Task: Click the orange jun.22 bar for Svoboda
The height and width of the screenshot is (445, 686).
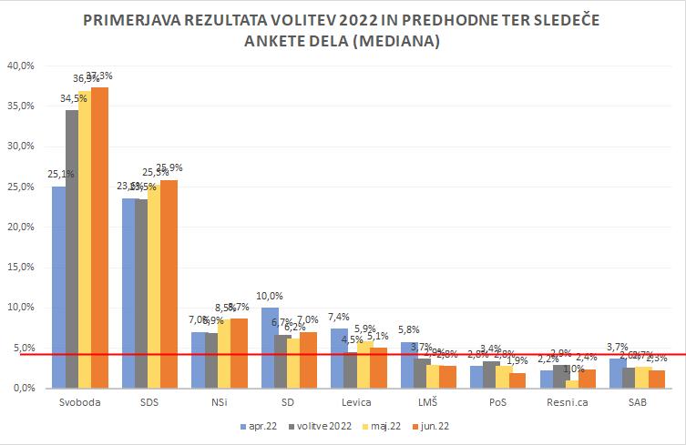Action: [100, 237]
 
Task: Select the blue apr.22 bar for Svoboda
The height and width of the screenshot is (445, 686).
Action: [59, 287]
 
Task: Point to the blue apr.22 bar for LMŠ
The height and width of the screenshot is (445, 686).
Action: [408, 364]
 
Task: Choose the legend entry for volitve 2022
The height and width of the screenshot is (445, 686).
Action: [323, 425]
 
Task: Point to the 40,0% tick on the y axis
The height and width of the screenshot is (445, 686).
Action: [20, 66]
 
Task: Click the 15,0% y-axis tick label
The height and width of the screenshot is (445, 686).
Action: [20, 267]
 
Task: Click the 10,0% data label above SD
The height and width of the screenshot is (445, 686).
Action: [271, 296]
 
